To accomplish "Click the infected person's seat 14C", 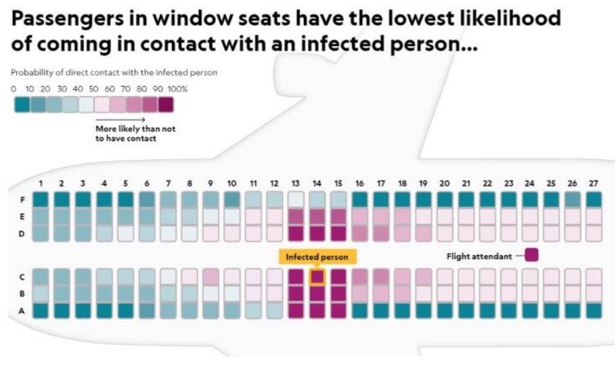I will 317,277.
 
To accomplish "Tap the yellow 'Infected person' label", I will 317,258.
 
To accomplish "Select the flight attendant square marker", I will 531,256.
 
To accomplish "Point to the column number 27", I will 594,183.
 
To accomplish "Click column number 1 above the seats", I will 41,183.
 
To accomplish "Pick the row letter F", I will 22,200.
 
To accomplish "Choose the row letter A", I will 22,311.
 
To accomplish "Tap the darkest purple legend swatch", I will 165,105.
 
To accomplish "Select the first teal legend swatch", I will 22,105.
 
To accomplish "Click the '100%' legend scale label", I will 179,89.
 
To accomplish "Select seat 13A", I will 296,311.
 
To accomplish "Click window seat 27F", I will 594,200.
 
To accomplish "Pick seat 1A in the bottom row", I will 41,311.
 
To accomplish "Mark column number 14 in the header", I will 317,183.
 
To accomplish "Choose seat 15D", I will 338,233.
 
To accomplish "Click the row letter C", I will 22,277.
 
